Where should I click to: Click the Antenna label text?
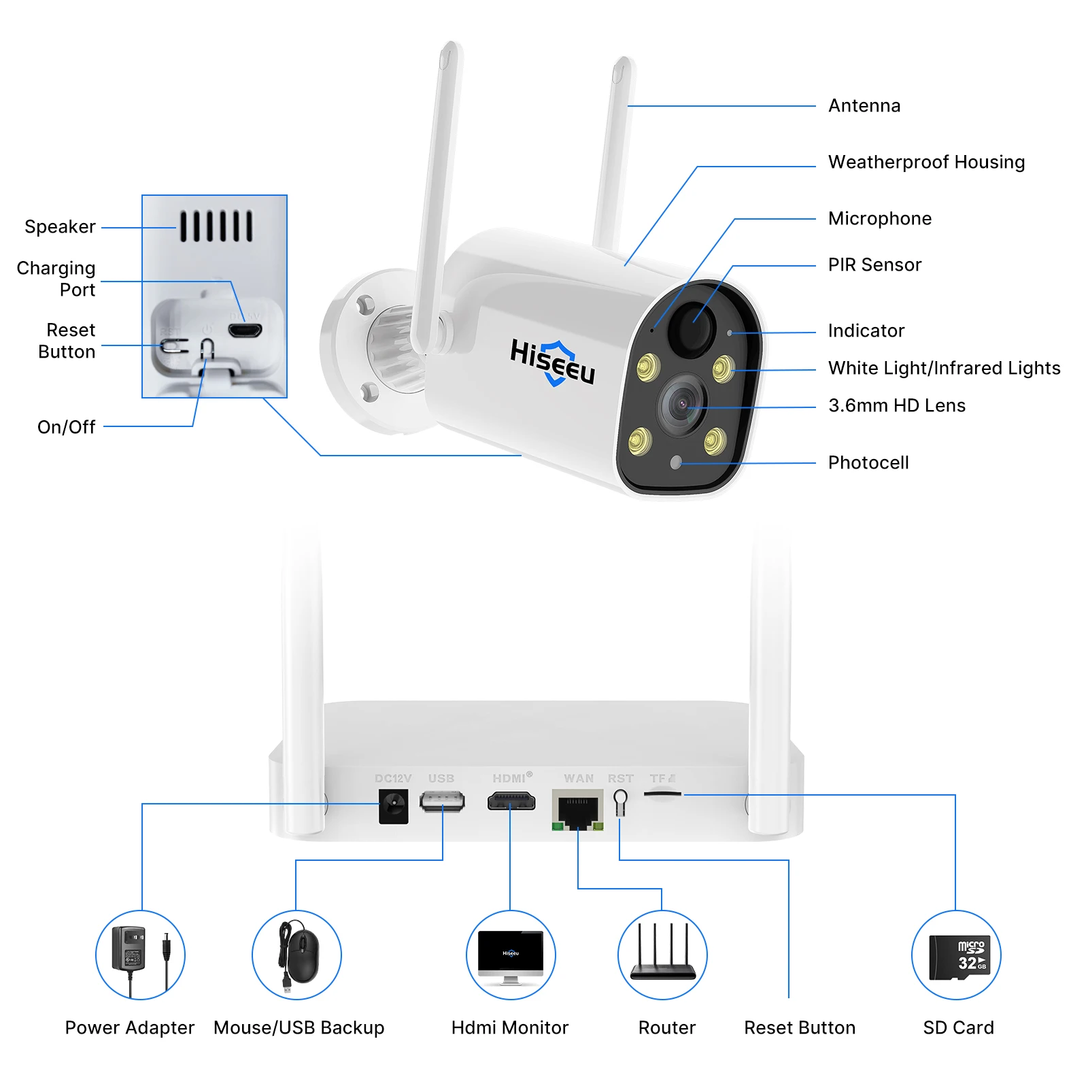click(864, 106)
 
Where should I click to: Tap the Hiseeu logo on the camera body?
click(552, 362)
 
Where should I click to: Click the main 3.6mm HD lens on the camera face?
click(682, 405)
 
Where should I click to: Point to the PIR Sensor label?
click(874, 265)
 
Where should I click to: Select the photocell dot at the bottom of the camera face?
click(675, 462)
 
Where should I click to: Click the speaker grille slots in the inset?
click(216, 226)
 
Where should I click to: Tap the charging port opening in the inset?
click(245, 330)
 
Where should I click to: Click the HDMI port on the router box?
click(511, 802)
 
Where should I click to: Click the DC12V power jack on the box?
click(393, 806)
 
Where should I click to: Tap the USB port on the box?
click(442, 801)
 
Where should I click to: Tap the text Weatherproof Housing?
click(926, 163)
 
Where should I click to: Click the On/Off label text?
click(66, 427)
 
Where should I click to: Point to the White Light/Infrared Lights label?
click(944, 369)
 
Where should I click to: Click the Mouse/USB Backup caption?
click(299, 1027)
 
